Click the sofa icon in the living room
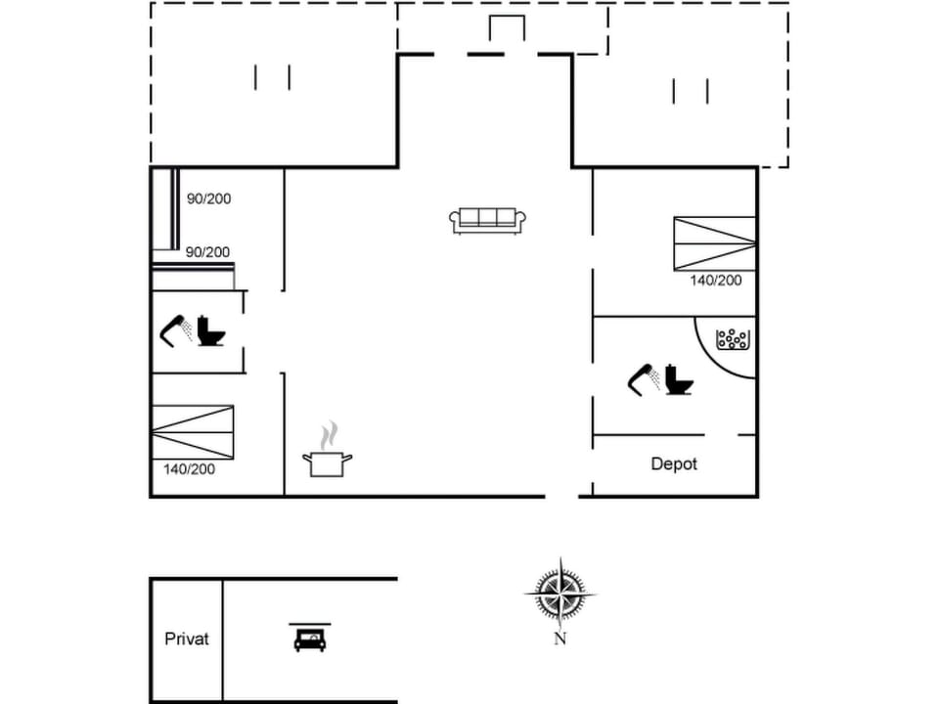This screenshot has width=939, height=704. pyautogui.click(x=487, y=220)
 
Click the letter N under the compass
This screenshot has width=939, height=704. pyautogui.click(x=560, y=639)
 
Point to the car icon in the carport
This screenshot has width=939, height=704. pyautogui.click(x=310, y=638)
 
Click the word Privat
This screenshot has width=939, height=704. pyautogui.click(x=187, y=638)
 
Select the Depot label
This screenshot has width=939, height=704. pyautogui.click(x=674, y=463)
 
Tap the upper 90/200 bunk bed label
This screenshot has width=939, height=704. pyautogui.click(x=208, y=198)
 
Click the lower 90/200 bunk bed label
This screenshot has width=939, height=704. pyautogui.click(x=207, y=252)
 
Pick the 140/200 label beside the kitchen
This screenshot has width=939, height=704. pyautogui.click(x=189, y=469)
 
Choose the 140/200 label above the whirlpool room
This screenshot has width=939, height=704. pyautogui.click(x=716, y=280)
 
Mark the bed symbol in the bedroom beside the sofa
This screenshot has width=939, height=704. pyautogui.click(x=714, y=243)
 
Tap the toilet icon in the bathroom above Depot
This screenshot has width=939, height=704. pyautogui.click(x=678, y=379)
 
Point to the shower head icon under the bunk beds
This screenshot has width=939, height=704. pyautogui.click(x=175, y=330)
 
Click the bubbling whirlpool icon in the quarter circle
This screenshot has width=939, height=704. pyautogui.click(x=733, y=340)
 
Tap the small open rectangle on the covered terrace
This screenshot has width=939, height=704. pyautogui.click(x=507, y=29)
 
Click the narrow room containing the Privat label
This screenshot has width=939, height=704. pyautogui.click(x=187, y=665)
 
